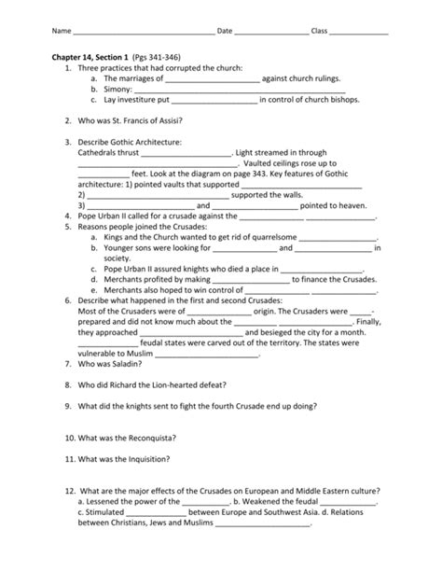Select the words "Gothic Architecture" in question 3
tap(143, 142)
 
